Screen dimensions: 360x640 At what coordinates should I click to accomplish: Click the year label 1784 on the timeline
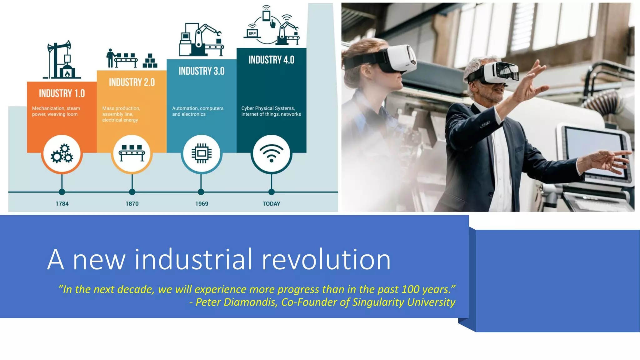tap(62, 204)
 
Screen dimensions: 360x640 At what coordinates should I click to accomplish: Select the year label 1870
tap(132, 204)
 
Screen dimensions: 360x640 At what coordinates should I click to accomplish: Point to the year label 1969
tap(202, 204)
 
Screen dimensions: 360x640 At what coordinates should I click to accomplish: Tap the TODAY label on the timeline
tap(271, 204)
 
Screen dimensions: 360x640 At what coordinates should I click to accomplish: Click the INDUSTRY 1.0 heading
tap(62, 93)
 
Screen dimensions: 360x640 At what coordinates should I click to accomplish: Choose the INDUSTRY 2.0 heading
tap(132, 82)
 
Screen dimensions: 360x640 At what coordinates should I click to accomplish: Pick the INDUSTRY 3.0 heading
tap(202, 71)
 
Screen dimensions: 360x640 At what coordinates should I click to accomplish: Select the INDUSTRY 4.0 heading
tap(271, 60)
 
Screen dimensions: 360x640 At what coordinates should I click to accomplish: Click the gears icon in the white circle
tap(62, 153)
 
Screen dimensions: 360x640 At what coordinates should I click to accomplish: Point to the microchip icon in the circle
tap(202, 153)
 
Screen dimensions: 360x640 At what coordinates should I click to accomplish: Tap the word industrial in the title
tap(193, 259)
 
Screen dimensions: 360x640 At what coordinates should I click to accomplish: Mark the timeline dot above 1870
tap(132, 192)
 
